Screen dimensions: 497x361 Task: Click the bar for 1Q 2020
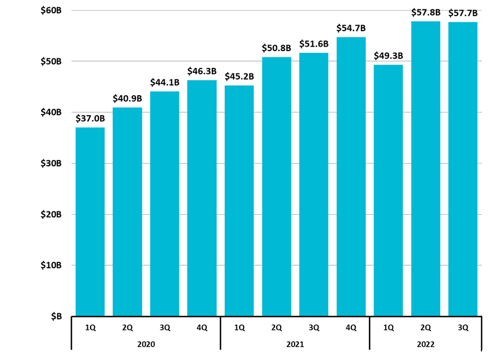point(90,222)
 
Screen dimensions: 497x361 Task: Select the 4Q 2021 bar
point(351,177)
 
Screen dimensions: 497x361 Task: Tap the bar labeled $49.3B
point(388,190)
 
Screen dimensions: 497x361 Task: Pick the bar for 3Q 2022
point(463,169)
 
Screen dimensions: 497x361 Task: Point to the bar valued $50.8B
point(276,186)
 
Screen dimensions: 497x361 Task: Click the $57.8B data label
point(426,12)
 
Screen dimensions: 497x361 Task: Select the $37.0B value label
point(90,118)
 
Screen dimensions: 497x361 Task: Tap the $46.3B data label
point(202,71)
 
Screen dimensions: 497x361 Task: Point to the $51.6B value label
point(314,44)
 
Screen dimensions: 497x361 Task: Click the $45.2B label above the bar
point(239,76)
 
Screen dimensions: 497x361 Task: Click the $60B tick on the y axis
point(51,11)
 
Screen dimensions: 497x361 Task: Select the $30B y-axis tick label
point(51,164)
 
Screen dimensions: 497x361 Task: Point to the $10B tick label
point(51,265)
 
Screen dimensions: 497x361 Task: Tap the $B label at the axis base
point(56,317)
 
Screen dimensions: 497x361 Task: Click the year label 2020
point(146,344)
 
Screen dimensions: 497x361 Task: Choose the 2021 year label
point(295,344)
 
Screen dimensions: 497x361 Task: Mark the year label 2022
point(426,344)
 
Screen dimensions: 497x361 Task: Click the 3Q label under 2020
point(165,328)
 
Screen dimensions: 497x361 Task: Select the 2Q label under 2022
point(426,328)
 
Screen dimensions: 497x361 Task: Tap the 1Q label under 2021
point(239,328)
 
